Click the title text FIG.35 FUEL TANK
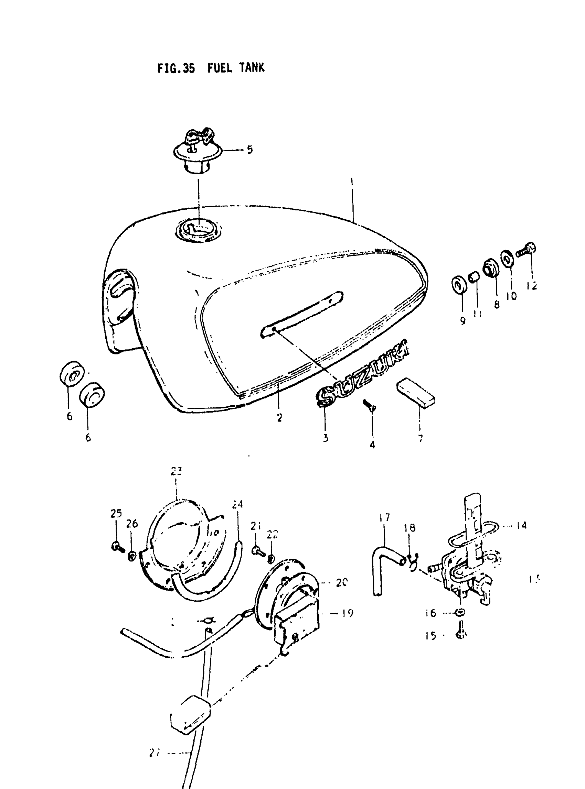[x=211, y=68]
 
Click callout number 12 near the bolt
[x=531, y=286]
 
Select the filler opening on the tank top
[x=198, y=230]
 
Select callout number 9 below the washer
[x=463, y=320]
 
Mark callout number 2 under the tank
[x=280, y=418]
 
